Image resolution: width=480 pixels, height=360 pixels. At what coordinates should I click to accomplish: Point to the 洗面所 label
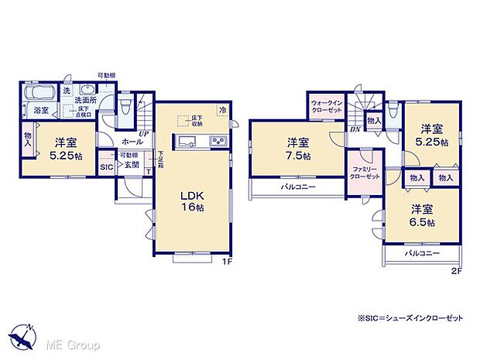84,101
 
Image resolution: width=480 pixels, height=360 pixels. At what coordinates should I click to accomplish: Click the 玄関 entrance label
132,164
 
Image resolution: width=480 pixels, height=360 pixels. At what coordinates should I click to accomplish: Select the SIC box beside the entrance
106,166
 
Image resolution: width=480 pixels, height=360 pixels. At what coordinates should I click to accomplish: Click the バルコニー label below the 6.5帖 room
421,254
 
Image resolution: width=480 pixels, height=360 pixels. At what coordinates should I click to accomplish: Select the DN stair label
353,129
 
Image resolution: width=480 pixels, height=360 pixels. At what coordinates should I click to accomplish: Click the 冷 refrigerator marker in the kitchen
223,109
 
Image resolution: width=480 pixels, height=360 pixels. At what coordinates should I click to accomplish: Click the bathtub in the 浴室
39,94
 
